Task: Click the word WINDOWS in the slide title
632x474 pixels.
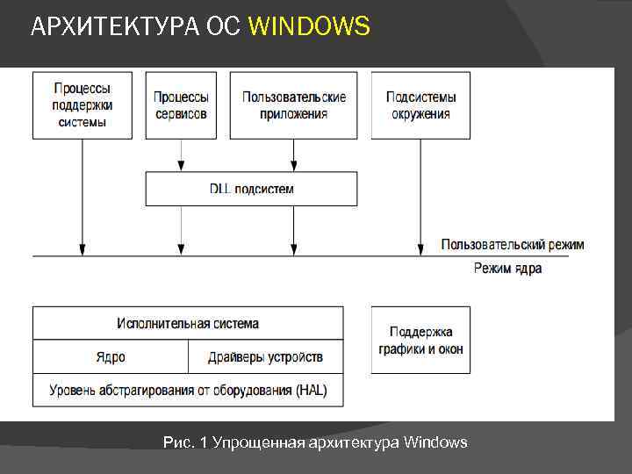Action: (309, 27)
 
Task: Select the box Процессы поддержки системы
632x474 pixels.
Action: (83, 105)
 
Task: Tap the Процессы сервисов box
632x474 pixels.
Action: (181, 105)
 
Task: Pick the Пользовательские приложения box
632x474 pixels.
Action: (293, 105)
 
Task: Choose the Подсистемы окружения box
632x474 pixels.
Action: (420, 105)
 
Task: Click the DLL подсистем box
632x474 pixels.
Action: (251, 189)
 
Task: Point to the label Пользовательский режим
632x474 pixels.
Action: (512, 244)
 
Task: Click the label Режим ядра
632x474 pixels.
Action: (507, 268)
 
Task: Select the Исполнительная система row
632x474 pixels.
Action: (188, 323)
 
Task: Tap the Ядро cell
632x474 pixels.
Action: (111, 356)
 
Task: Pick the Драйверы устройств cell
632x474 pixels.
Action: (265, 356)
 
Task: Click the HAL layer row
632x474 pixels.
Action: (188, 390)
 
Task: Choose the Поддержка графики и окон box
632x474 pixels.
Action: (420, 341)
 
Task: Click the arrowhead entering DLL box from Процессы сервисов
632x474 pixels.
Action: (181, 166)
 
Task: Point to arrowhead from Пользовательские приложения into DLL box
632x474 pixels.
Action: (293, 166)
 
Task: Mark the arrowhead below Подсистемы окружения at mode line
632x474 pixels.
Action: (420, 250)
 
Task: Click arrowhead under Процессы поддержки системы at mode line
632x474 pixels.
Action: (83, 250)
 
